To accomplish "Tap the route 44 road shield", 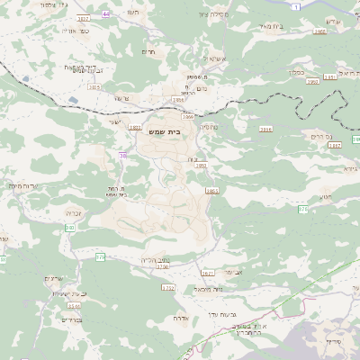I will click(107, 15).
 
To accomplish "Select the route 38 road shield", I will click(120, 156).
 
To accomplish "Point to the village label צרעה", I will click(122, 97).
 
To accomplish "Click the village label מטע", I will click(325, 197).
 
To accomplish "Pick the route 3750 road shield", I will click(162, 266).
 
